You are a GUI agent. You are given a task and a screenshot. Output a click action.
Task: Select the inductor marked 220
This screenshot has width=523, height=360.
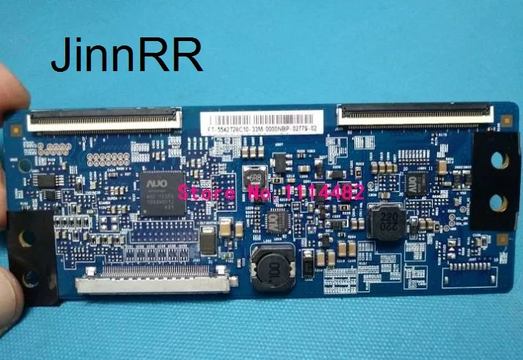pos(385,219)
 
